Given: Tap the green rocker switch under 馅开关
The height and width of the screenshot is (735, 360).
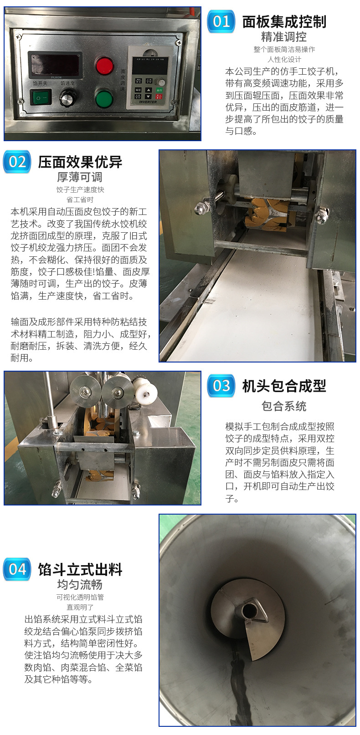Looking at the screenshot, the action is (x=41, y=97).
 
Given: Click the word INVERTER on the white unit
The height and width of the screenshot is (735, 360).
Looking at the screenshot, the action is (x=148, y=102).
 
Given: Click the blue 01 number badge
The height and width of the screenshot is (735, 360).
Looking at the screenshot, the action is (x=221, y=22).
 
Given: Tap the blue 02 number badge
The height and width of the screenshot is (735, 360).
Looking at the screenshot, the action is (x=17, y=162).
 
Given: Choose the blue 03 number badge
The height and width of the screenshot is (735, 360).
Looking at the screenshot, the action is (x=221, y=386).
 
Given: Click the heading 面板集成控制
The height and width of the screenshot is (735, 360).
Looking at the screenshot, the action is (x=284, y=22).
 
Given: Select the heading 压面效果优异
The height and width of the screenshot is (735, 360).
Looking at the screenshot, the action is (x=80, y=162).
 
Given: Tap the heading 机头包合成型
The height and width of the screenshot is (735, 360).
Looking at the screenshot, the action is (x=284, y=386).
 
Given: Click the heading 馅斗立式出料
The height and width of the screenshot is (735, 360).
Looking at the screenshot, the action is (x=80, y=569).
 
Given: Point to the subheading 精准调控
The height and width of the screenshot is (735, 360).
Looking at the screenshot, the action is (x=284, y=37).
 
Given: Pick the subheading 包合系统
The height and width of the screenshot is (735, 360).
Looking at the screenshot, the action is (x=284, y=406).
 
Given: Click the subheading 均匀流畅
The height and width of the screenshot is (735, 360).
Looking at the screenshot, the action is (x=80, y=585).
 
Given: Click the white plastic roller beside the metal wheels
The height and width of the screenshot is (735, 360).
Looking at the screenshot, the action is (x=144, y=392).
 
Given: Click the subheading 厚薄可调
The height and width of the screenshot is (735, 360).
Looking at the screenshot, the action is (x=80, y=177).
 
